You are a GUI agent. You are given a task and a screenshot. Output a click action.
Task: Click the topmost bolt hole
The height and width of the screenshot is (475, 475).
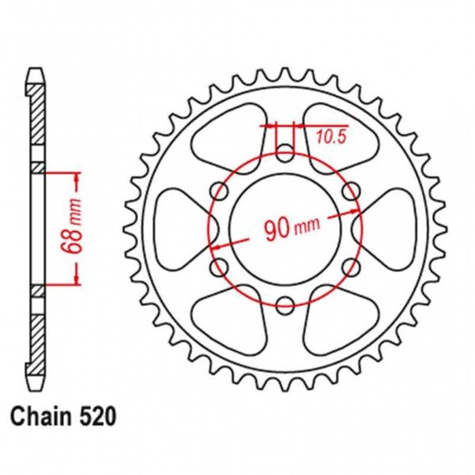pos(286,150)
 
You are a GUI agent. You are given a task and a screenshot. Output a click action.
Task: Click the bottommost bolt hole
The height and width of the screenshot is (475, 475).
pos(286,306)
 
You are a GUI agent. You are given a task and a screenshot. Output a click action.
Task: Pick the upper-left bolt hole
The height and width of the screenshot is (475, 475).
pos(218,190)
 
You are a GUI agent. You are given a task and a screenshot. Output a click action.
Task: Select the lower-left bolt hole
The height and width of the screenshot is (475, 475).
pos(218,265)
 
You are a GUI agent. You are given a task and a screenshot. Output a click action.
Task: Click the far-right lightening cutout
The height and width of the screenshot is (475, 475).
pos(394,228)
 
